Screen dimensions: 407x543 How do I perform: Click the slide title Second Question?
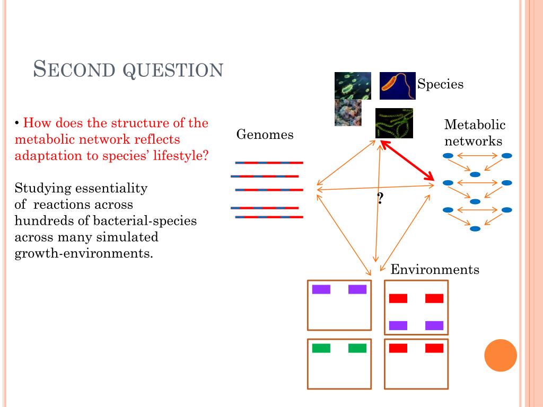[x=128, y=69]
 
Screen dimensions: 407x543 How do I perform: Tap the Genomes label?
[x=265, y=135]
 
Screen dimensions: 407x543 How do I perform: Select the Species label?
[x=440, y=84]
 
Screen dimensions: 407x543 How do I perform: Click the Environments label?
[x=435, y=270]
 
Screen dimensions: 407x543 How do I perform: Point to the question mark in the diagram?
[x=380, y=199]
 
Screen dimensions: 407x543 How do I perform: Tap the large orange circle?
[x=500, y=355]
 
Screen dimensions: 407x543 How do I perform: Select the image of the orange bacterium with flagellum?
[x=397, y=85]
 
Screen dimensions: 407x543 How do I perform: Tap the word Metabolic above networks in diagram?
[x=475, y=125]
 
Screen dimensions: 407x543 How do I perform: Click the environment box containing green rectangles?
[x=339, y=364]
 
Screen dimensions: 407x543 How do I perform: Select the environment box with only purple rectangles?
[x=339, y=305]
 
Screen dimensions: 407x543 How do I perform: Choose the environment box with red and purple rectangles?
[x=416, y=307]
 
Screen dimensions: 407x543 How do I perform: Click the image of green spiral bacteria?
[x=394, y=123]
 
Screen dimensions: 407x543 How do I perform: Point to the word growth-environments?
[x=84, y=253]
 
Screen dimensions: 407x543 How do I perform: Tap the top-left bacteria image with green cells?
[x=353, y=85]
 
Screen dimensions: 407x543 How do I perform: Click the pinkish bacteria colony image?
[x=348, y=113]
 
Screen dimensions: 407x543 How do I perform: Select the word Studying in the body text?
[x=43, y=188]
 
